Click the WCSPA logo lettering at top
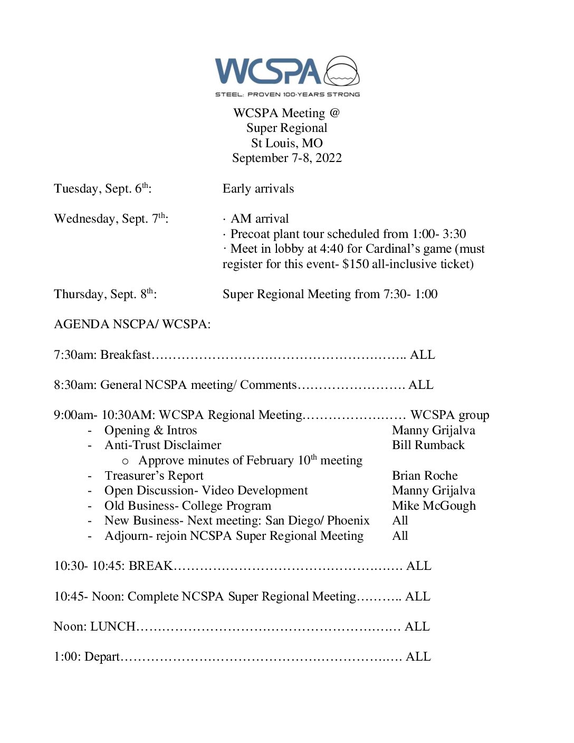coord(267,72)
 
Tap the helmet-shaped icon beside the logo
coord(342,71)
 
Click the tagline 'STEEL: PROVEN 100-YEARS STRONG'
coord(287,94)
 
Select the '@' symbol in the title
coord(334,113)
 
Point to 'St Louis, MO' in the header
coord(287,143)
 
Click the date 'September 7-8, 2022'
coord(287,158)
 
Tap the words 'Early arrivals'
coord(258,189)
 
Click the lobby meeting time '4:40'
coord(331,249)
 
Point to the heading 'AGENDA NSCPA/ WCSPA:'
coord(132,325)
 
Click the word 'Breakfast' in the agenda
coord(126,355)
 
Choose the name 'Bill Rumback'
coord(428,445)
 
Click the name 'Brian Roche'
coord(425,475)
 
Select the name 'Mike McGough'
coord(434,506)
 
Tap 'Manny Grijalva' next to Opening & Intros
coord(433,431)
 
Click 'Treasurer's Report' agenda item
coord(154,476)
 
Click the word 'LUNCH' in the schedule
coord(113,626)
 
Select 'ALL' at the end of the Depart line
coord(418,657)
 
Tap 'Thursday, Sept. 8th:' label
coord(105,294)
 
